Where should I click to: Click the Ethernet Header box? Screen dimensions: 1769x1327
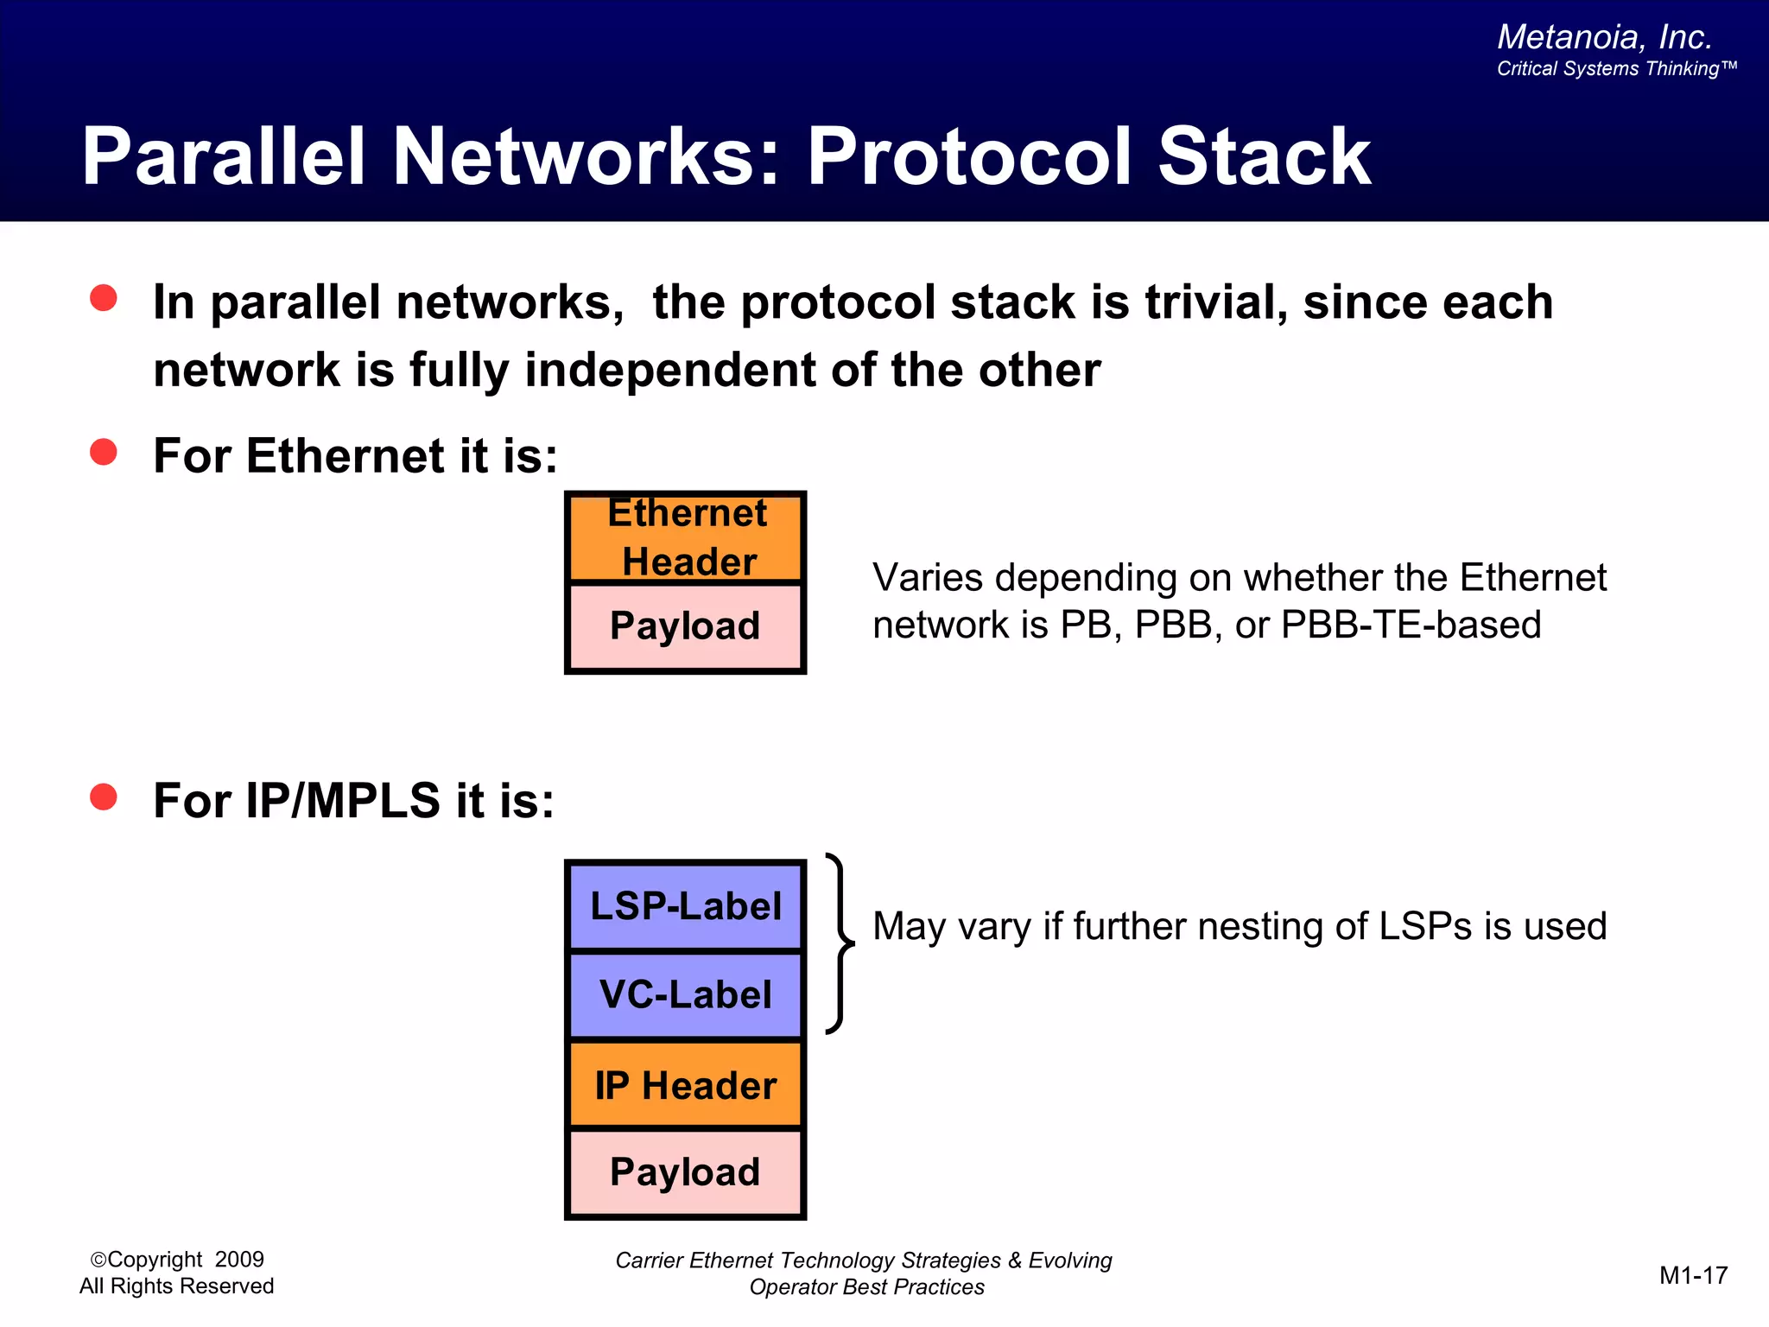(x=685, y=538)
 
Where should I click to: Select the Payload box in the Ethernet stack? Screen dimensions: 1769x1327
(x=685, y=627)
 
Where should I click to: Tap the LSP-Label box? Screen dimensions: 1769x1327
(x=685, y=906)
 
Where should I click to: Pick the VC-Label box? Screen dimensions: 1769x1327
(x=685, y=994)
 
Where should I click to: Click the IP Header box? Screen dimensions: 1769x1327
(x=685, y=1085)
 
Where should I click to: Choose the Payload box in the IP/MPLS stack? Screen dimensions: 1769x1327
(x=685, y=1172)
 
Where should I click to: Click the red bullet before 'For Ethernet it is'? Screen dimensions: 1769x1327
(x=104, y=452)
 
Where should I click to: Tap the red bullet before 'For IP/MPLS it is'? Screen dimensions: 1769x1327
(x=104, y=797)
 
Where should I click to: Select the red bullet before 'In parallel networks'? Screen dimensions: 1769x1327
(x=104, y=298)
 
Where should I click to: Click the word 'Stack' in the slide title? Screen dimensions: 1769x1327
(x=1264, y=157)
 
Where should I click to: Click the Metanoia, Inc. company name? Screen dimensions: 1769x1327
(x=1604, y=37)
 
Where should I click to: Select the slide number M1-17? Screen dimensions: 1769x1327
(x=1693, y=1275)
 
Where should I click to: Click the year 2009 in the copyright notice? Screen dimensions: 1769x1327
(x=239, y=1260)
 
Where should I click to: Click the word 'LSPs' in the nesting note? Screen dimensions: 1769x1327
(x=1425, y=926)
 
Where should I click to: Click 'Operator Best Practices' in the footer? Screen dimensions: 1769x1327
(x=866, y=1287)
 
